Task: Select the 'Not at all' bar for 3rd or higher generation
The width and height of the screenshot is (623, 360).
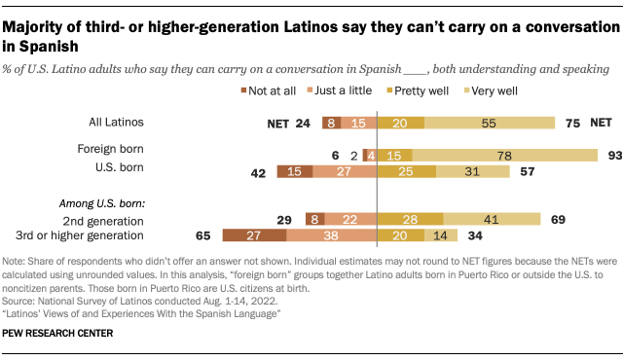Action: point(254,235)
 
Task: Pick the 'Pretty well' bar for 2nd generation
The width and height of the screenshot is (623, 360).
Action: point(410,218)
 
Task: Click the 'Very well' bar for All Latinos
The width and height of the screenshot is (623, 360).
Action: point(490,123)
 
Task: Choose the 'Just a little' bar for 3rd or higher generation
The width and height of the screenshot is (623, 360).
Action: point(331,235)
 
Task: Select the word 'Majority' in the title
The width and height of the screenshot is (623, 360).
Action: point(38,26)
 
